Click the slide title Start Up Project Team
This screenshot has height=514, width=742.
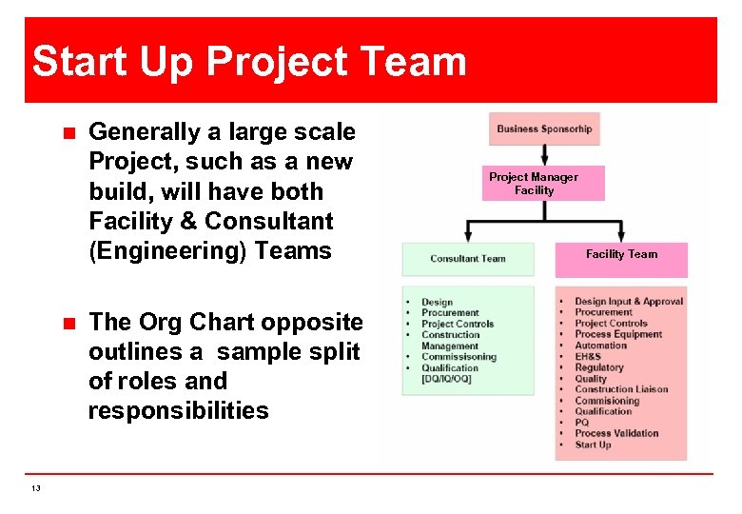pos(249,62)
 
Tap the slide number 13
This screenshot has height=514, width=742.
pos(36,488)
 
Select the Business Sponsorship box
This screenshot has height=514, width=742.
pos(544,129)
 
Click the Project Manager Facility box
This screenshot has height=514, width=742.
pos(534,184)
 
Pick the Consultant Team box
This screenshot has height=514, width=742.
pos(467,258)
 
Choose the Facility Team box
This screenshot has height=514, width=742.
pos(621,254)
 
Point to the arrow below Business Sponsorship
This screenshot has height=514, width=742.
pos(544,156)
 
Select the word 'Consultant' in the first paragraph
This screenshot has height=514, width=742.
pos(269,221)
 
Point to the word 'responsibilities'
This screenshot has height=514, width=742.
pos(178,410)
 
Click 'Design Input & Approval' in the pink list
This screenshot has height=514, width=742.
pos(629,302)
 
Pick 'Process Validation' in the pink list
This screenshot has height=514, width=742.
pos(616,433)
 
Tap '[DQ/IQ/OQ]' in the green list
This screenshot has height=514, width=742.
pos(446,379)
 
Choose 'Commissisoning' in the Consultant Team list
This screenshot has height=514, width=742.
pos(459,357)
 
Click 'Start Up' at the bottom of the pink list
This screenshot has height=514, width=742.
pos(593,445)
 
